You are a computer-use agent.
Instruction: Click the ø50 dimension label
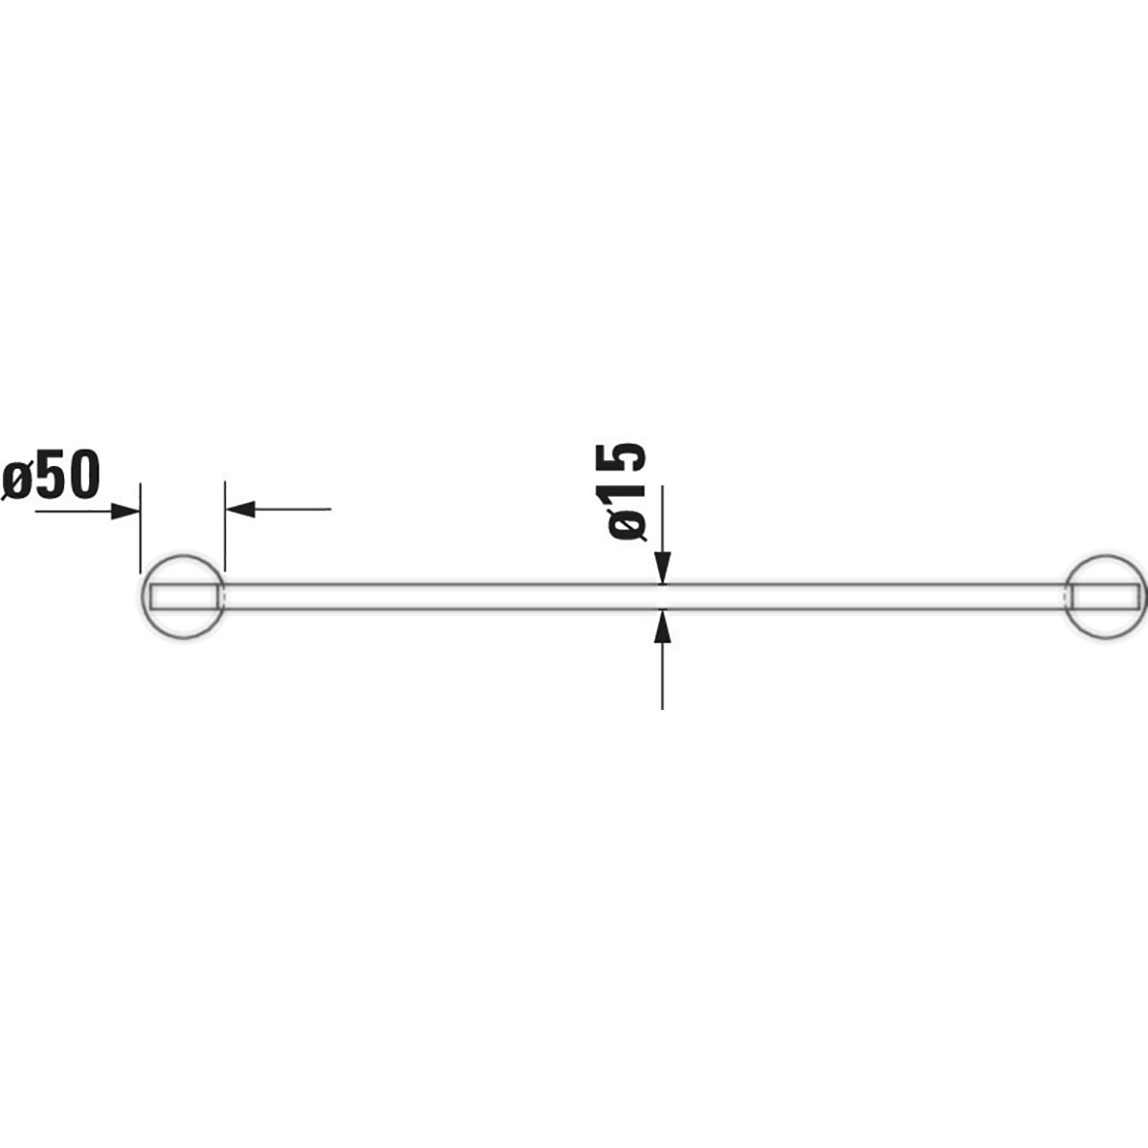(x=52, y=476)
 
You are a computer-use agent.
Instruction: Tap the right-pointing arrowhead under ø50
(x=125, y=510)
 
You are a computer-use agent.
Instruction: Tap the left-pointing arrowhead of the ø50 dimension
(x=241, y=509)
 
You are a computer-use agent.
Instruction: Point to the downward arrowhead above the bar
(x=662, y=568)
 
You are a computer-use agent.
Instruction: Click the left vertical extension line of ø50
(x=141, y=526)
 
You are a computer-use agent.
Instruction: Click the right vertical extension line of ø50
(x=225, y=526)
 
